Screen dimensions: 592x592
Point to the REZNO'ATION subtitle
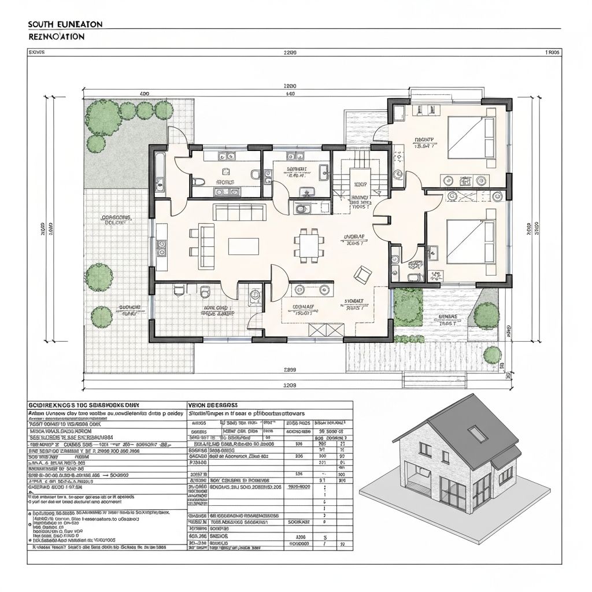point(55,36)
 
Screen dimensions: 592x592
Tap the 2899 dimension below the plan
point(290,369)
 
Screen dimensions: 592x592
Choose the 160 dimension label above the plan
point(290,94)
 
